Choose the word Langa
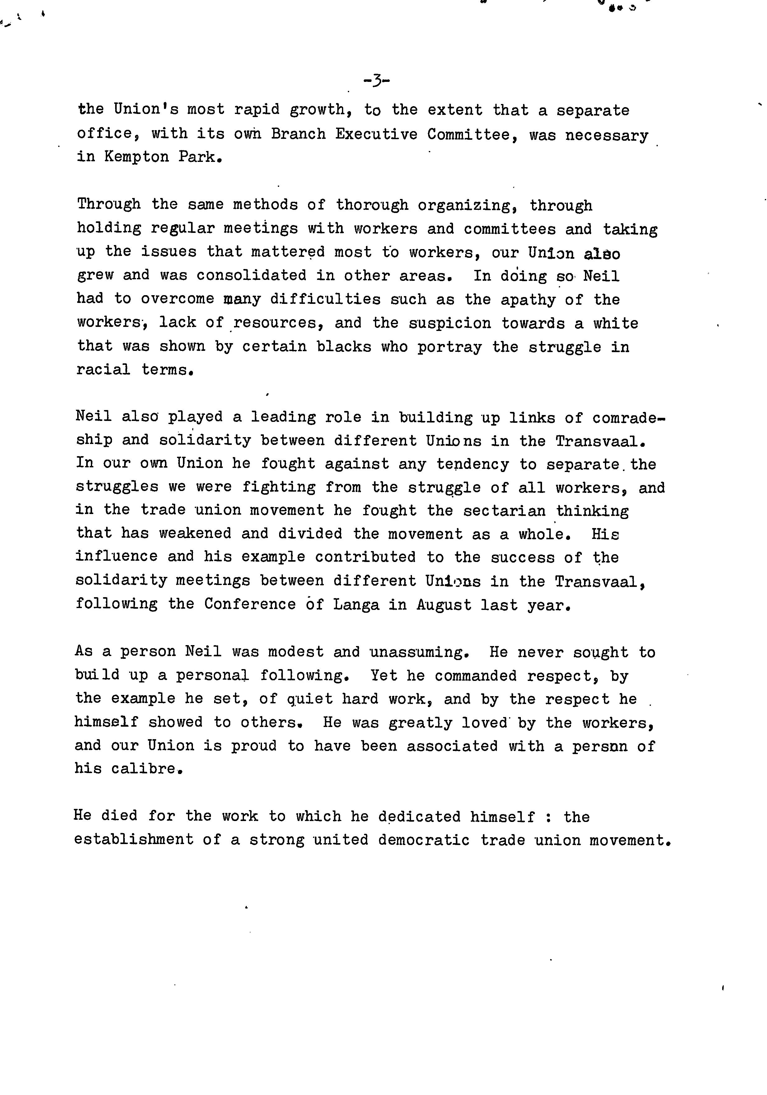click(x=356, y=605)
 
